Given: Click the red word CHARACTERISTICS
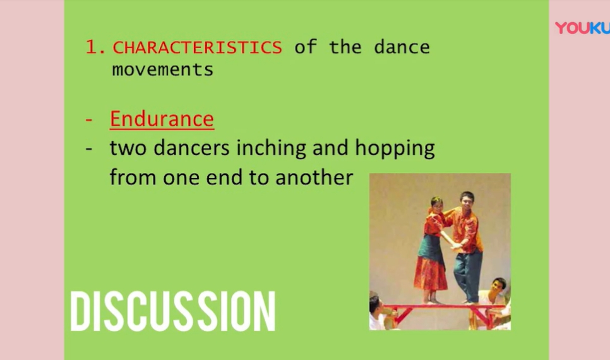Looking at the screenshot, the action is point(197,47).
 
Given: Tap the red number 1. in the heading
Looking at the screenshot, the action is point(95,47).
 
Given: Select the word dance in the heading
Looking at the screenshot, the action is point(402,47).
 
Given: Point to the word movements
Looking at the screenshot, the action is point(163,70).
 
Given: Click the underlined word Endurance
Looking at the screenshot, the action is point(162,119).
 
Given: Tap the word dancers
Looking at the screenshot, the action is point(191,148).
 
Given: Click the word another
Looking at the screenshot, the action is point(314,177).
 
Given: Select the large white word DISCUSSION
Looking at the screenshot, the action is point(173,311).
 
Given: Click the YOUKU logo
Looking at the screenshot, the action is point(582,28).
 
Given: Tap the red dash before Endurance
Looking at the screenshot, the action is point(88,119).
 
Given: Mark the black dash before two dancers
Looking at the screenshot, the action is point(88,149).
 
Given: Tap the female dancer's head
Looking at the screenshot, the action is point(437,205).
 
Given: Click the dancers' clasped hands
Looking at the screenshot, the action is point(457,245).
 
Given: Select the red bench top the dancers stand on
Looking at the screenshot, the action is point(443,307).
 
